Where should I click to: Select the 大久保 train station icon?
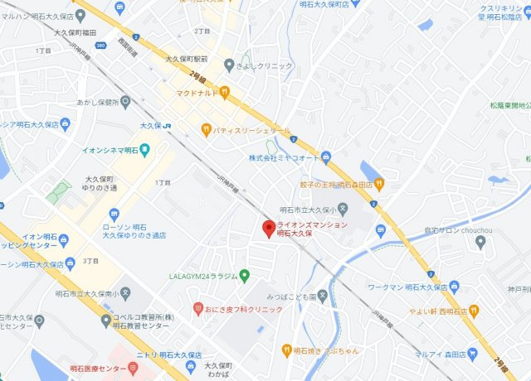tap(168, 125)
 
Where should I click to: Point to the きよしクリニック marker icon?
tap(229, 65)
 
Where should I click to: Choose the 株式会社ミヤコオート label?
tap(284, 157)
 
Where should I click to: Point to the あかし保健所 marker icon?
tap(125, 102)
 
